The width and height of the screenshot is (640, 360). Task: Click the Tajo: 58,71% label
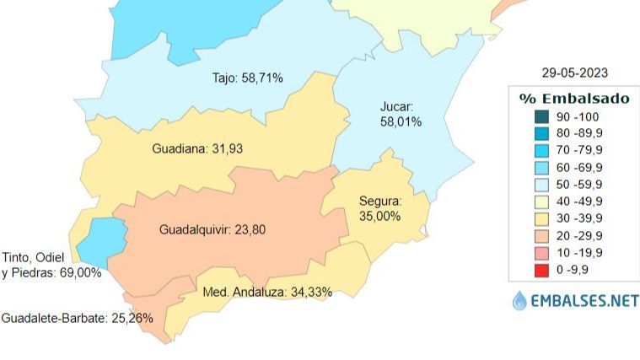pos(247,78)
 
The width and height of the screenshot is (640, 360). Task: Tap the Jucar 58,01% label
pos(401,115)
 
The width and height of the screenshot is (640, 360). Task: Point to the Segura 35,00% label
pos(380,209)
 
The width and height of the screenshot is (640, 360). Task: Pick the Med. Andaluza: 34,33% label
pos(268,293)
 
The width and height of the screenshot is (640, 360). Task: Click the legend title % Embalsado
pos(574,99)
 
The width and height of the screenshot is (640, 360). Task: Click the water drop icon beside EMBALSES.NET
pos(519,300)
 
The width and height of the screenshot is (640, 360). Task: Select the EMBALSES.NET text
pos(584,301)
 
